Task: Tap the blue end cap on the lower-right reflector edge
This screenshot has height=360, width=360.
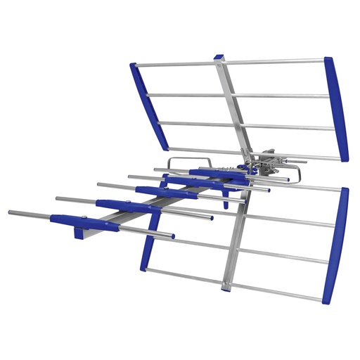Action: click(x=336, y=246)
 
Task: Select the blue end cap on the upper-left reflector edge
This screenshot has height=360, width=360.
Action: click(x=148, y=105)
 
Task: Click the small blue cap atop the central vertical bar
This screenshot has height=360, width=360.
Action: click(x=219, y=56)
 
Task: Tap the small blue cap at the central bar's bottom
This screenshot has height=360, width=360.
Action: click(x=226, y=287)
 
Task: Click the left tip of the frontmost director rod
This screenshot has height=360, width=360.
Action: click(x=11, y=212)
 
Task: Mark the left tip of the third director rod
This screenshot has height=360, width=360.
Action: click(x=99, y=185)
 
